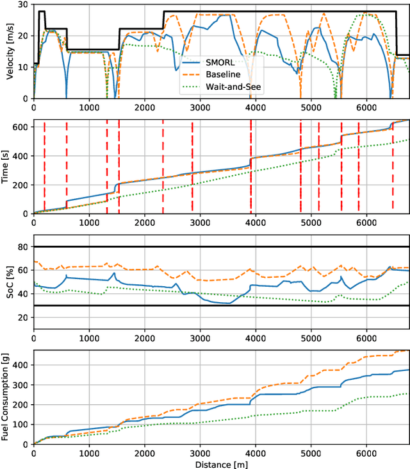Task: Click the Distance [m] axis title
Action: click(221, 463)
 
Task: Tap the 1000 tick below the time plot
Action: click(89, 221)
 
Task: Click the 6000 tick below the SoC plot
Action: click(366, 337)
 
